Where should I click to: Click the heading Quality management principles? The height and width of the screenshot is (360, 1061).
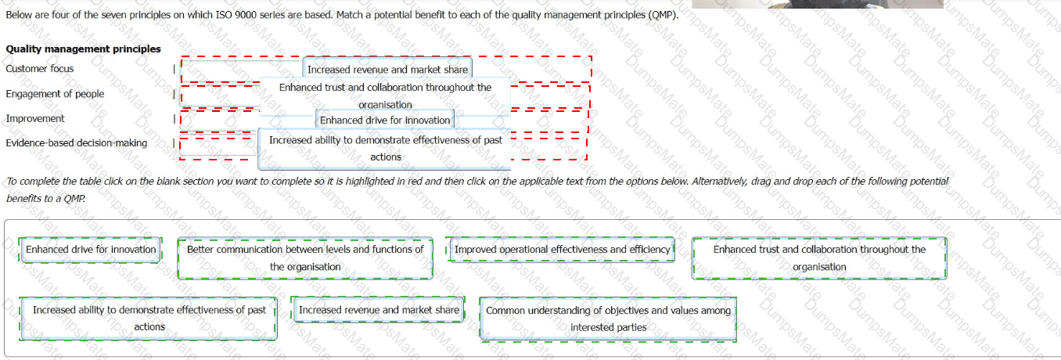(83, 49)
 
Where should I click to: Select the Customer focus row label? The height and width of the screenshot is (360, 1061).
(40, 69)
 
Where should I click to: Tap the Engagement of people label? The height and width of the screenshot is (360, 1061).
(55, 94)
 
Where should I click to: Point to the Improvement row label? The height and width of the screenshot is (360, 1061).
(35, 119)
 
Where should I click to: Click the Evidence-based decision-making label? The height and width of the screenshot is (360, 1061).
(76, 143)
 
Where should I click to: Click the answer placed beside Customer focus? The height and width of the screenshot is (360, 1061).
(387, 70)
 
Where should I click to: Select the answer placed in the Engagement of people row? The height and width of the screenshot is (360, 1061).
(385, 95)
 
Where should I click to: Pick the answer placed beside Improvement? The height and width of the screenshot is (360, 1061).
(385, 121)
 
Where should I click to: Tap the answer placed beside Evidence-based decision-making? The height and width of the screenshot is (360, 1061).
(385, 148)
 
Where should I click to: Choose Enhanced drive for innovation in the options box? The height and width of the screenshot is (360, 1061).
(91, 250)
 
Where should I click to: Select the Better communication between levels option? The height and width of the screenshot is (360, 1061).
(305, 257)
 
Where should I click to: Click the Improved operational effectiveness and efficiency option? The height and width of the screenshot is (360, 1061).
(562, 250)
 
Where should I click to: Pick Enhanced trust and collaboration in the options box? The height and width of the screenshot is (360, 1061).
(819, 257)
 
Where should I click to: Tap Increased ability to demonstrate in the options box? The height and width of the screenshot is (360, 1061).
(149, 318)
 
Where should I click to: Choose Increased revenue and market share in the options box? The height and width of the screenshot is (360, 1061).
(379, 310)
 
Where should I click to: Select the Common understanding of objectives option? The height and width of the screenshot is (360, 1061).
(608, 319)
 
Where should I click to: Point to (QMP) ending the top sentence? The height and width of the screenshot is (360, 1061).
(663, 15)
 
